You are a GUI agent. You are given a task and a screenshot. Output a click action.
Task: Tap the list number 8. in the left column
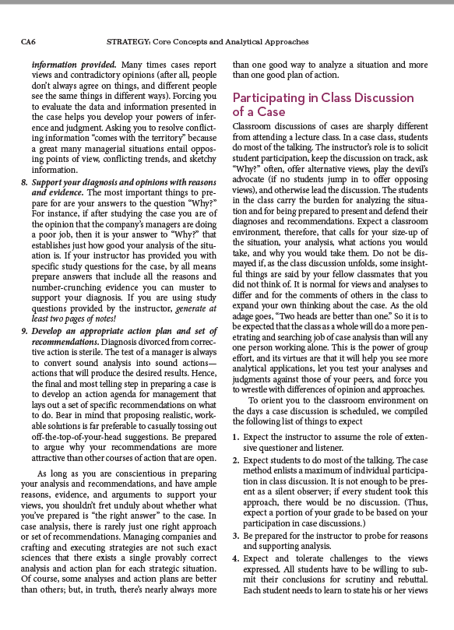point(25,181)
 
